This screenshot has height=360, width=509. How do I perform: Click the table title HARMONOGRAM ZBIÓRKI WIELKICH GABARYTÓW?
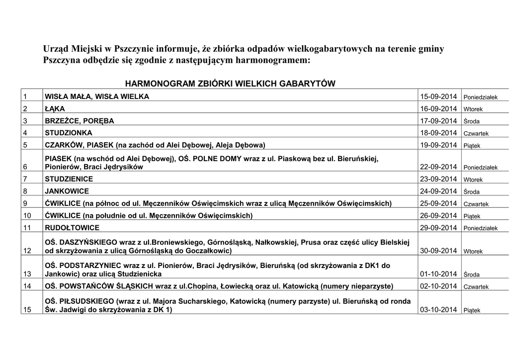point(230,84)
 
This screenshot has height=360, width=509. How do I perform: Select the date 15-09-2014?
point(438,96)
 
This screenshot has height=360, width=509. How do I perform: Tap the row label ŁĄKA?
point(55,108)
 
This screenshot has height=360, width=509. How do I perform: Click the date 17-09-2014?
point(438,121)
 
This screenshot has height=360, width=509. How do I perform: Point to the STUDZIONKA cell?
point(68,133)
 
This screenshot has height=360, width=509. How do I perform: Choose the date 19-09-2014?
point(438,145)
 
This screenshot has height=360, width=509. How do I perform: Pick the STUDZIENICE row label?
point(69,179)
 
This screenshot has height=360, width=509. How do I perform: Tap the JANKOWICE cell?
point(67,191)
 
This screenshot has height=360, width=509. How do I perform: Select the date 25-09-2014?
point(438,203)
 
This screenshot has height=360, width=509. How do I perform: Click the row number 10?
point(27,216)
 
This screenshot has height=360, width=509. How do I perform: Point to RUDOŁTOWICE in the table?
point(72,228)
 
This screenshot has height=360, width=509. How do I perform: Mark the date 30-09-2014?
point(438,251)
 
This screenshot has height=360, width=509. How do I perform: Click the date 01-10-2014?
point(438,274)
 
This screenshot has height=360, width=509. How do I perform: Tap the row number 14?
point(27,286)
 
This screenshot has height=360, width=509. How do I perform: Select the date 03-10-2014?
point(438,310)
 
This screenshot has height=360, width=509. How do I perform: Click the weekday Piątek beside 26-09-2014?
point(472,216)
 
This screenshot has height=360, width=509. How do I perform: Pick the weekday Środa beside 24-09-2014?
point(471,192)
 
